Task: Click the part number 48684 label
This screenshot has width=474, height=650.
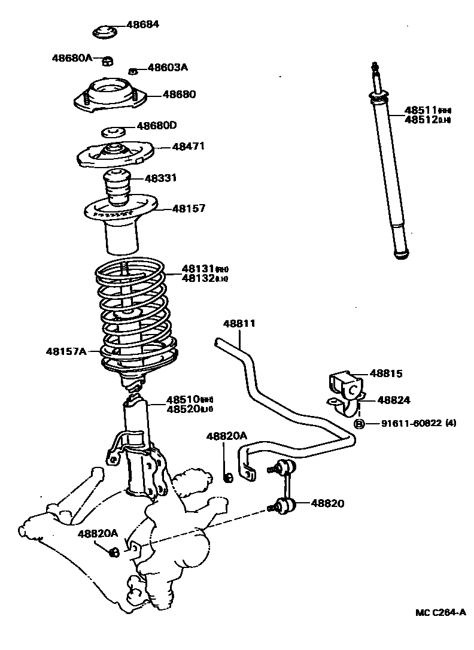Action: click(x=143, y=25)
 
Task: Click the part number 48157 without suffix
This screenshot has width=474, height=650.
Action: click(x=189, y=208)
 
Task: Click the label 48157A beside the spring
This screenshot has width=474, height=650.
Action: click(x=66, y=351)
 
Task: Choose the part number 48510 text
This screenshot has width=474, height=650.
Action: click(x=183, y=399)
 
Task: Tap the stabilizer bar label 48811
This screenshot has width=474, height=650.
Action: click(x=239, y=323)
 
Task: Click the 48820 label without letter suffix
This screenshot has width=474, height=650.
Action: click(x=327, y=503)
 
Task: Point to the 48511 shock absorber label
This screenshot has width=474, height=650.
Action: click(x=421, y=110)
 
